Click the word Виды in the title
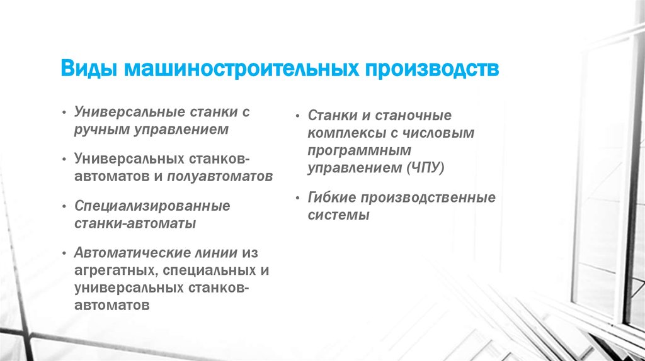pyautogui.click(x=89, y=69)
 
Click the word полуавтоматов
pyautogui.click(x=220, y=177)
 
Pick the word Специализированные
pyautogui.click(x=152, y=206)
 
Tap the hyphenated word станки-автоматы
pyautogui.click(x=135, y=223)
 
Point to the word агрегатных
pyautogui.click(x=117, y=270)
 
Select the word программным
pyautogui.click(x=360, y=151)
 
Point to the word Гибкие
pyautogui.click(x=332, y=197)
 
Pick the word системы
pyautogui.click(x=339, y=215)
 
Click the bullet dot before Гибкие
pyautogui.click(x=298, y=198)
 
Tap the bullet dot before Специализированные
pyautogui.click(x=64, y=206)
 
